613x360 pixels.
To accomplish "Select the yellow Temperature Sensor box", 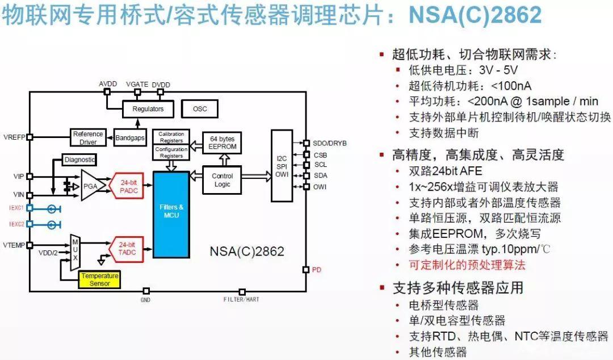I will pyautogui.click(x=100, y=279).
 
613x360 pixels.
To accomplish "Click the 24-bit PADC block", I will pyautogui.click(x=129, y=187).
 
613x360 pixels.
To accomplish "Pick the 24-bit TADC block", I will pyautogui.click(x=129, y=249).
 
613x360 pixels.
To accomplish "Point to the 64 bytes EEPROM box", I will pyautogui.click(x=222, y=143).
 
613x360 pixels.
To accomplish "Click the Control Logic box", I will pyautogui.click(x=222, y=180).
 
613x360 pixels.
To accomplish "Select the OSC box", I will pyautogui.click(x=200, y=108).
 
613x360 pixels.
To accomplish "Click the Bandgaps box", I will pyautogui.click(x=131, y=137).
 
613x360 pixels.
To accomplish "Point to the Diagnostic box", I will pyautogui.click(x=79, y=160).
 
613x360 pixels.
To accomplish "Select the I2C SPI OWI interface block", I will pyautogui.click(x=282, y=165).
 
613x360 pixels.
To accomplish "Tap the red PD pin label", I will pyautogui.click(x=317, y=270).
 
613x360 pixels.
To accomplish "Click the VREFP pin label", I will pyautogui.click(x=12, y=137).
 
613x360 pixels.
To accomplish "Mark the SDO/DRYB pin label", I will pyautogui.click(x=330, y=143).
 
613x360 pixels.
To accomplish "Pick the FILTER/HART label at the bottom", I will pyautogui.click(x=242, y=299).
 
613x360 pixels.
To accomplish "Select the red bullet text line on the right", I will pyautogui.click(x=467, y=265).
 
